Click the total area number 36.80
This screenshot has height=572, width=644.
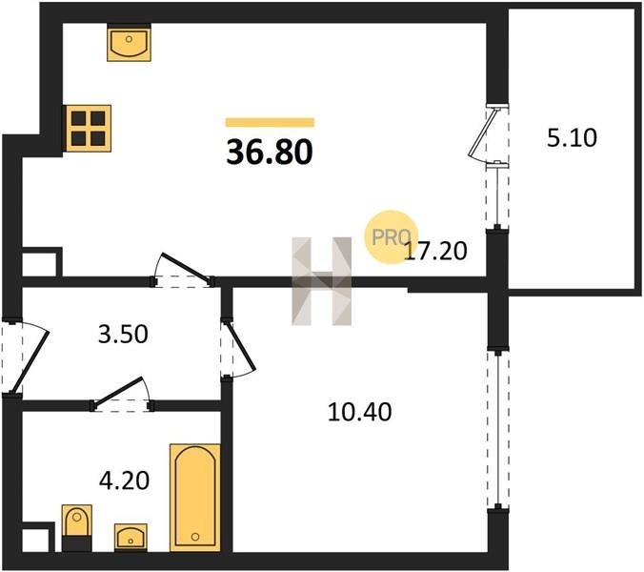coord(270,152)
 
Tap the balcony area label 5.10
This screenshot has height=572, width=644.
coord(572,138)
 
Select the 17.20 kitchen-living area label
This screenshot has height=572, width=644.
coord(435,251)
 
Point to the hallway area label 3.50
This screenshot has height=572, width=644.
coord(123,334)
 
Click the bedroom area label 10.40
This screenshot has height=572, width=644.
coord(360,412)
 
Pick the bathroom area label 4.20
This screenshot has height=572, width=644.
coord(124,480)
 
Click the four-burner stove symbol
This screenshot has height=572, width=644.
coord(89,128)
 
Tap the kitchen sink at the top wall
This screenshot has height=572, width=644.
coord(129,43)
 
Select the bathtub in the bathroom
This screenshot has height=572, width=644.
coord(195,498)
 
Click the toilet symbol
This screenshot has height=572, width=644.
coord(77,528)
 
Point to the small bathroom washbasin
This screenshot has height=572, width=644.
coord(131,537)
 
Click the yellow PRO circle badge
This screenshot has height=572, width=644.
coord(392,237)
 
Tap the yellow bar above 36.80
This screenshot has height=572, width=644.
coord(270,122)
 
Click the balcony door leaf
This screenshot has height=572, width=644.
coord(484,132)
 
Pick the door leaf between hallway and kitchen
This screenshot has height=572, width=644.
coord(187,267)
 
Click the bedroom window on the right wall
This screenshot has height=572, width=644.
coord(498,430)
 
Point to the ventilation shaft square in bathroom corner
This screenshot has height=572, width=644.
coord(38,538)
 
